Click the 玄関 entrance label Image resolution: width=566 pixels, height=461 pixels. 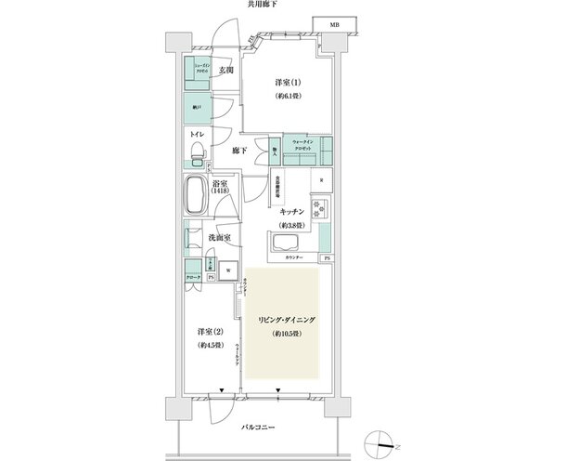tap(226, 70)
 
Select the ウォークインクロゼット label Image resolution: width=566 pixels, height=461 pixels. tap(307, 144)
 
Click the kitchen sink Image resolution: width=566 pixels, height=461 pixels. tap(284, 244)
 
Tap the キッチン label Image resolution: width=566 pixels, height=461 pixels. tap(293, 213)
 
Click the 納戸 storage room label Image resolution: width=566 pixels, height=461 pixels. tap(196, 107)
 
